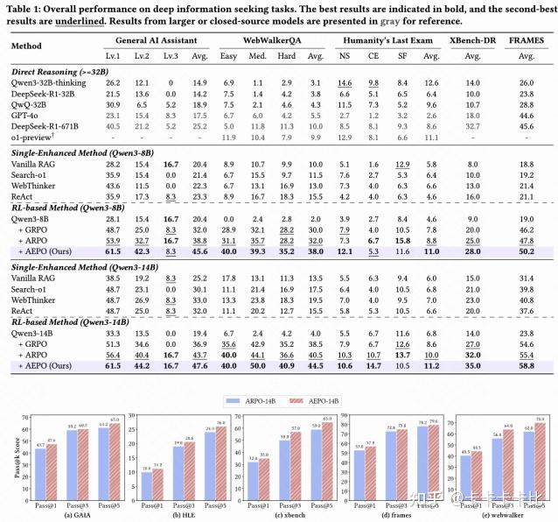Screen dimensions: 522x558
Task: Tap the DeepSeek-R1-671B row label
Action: tap(49, 125)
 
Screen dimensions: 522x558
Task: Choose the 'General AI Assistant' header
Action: tap(158, 40)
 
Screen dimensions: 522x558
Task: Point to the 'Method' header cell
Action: tap(30, 46)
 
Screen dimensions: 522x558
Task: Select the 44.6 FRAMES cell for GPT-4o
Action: tap(526, 115)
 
